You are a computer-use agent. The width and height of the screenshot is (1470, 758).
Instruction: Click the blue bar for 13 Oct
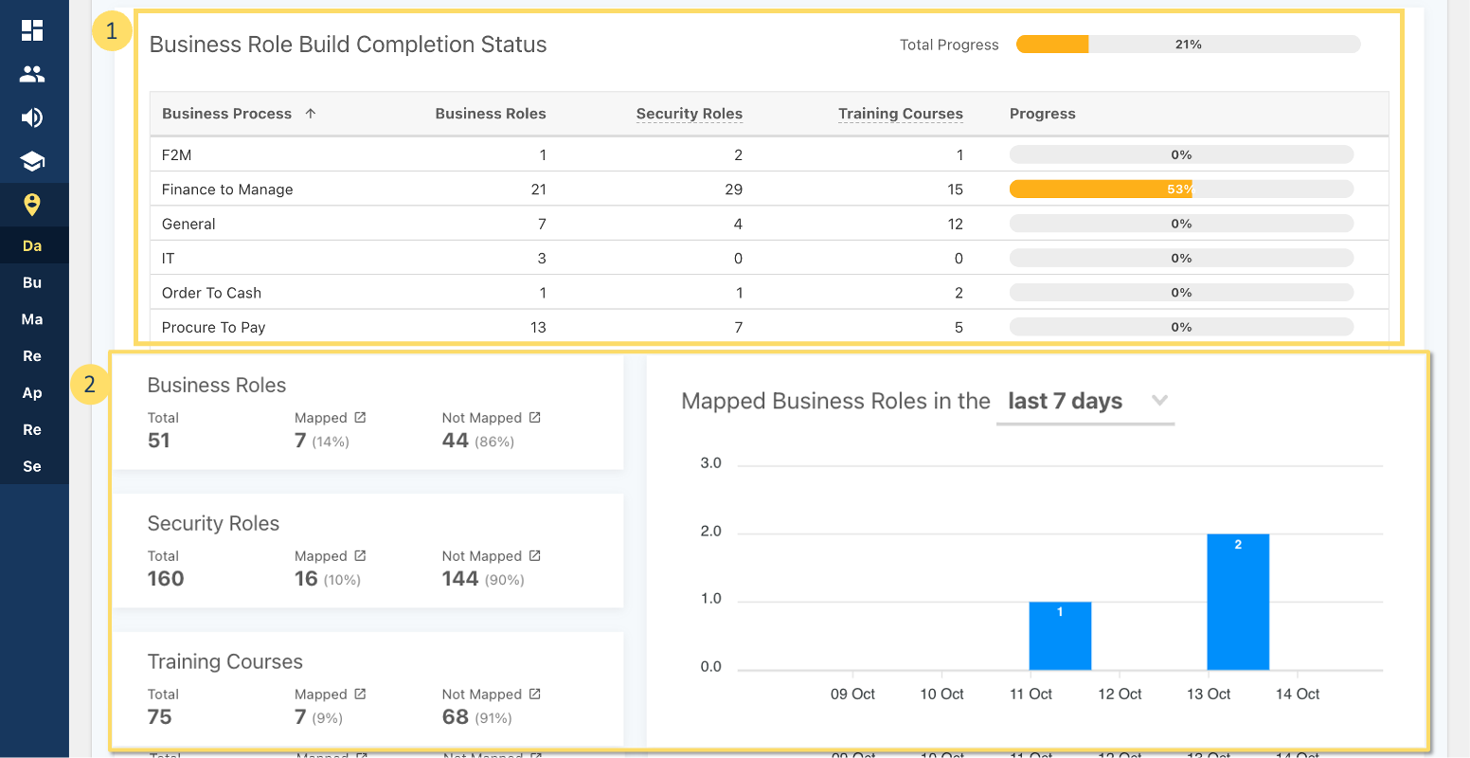coord(1238,602)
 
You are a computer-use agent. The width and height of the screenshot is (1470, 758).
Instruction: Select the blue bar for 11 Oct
coord(1060,636)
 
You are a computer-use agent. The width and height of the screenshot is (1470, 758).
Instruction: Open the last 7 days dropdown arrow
coord(1159,401)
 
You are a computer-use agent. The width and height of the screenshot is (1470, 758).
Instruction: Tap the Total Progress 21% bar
coord(1188,45)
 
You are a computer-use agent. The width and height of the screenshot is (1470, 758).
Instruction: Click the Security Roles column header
coord(689,114)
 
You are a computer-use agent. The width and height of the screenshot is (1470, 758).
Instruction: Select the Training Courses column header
coord(900,114)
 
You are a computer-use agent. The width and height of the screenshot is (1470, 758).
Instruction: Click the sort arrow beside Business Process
coord(310,114)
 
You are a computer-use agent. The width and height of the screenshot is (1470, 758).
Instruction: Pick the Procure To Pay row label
coord(213,328)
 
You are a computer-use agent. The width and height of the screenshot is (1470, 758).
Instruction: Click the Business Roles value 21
coord(538,189)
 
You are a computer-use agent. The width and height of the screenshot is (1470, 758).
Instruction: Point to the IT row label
coord(169,259)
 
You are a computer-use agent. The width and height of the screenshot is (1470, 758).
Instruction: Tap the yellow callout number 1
coord(112,32)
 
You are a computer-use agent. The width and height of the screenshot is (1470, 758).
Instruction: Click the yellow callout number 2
coord(90,385)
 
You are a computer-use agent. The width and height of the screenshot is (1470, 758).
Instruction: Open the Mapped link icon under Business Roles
coord(360,418)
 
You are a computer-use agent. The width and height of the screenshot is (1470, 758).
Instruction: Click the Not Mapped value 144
coord(460,579)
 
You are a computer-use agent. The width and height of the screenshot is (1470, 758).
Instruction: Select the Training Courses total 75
coord(160,717)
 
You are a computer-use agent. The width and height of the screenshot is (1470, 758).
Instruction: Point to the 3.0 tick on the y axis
coord(710,463)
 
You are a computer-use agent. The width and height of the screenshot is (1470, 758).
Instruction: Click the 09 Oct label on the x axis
coord(852,695)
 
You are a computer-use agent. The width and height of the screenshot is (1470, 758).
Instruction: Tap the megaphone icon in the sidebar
coord(32,117)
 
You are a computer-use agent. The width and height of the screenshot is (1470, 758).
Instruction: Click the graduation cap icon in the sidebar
coord(32,161)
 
